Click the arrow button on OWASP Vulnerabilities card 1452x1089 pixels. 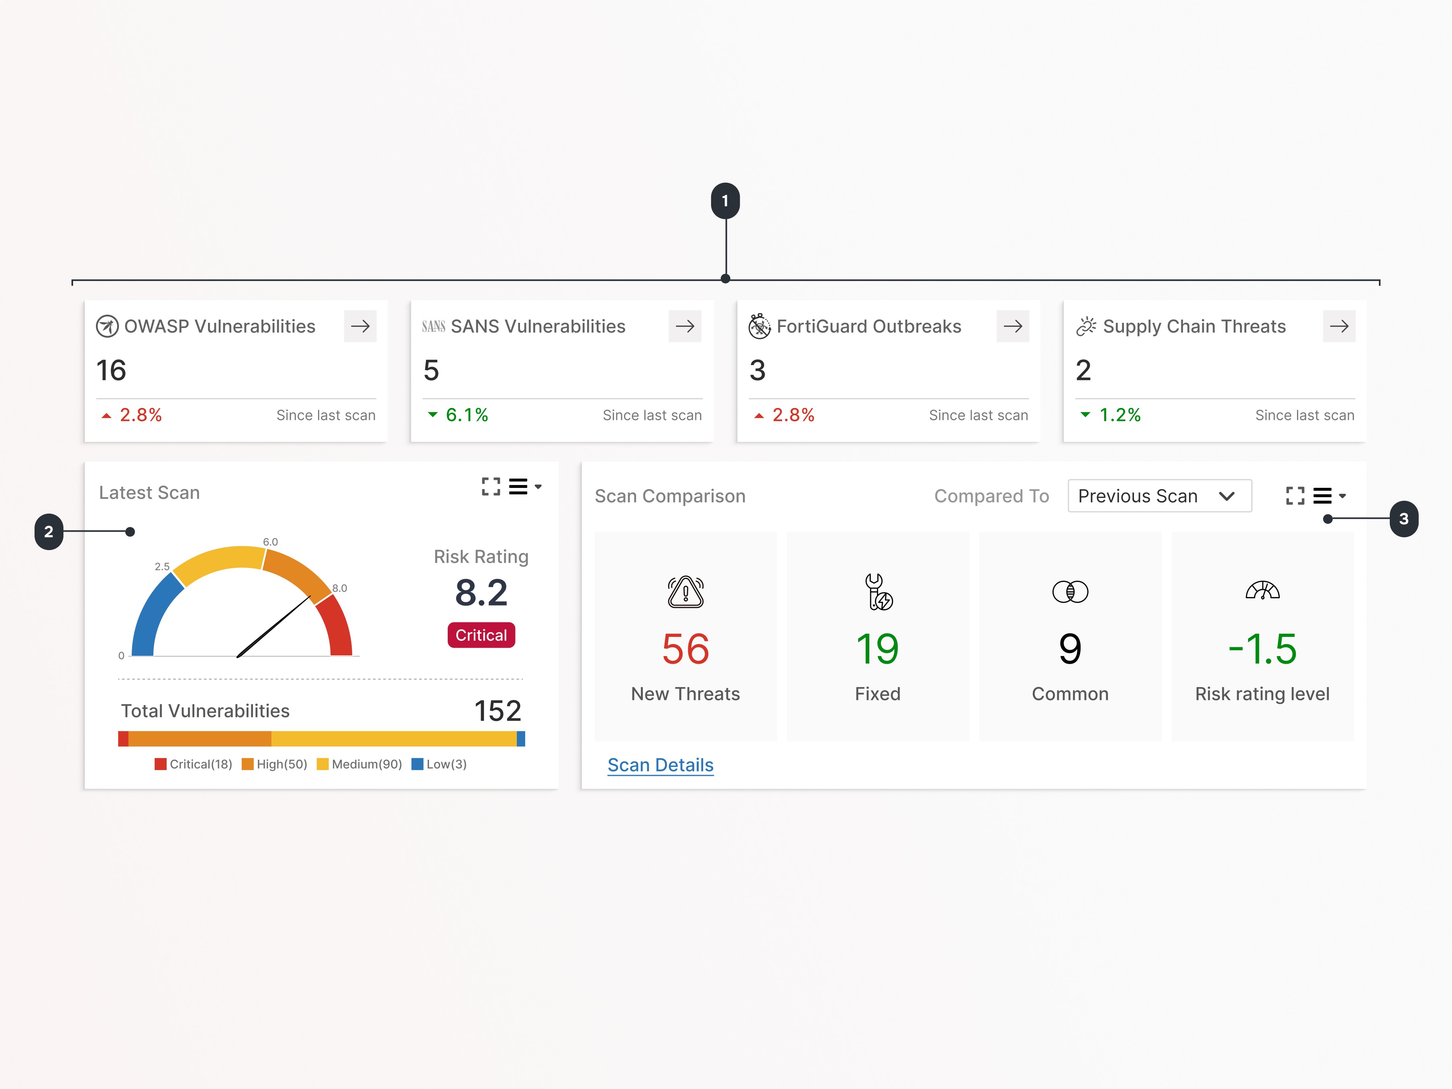tap(360, 326)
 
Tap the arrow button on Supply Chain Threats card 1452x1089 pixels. tap(1338, 326)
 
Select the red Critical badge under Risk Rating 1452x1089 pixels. tap(481, 635)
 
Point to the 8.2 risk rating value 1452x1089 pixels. tap(481, 593)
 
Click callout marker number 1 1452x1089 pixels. tap(725, 201)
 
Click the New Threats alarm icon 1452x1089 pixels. tap(685, 592)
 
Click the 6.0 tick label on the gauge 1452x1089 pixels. tap(270, 542)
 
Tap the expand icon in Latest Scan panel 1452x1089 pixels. tap(490, 486)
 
